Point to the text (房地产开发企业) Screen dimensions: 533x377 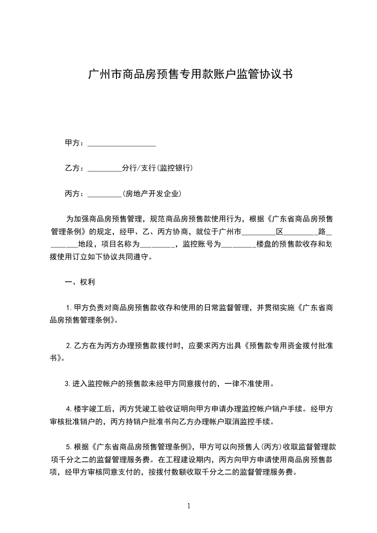152,194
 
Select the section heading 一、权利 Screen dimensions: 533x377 80,282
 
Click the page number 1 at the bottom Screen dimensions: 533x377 190,506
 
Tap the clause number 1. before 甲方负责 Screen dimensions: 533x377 69,308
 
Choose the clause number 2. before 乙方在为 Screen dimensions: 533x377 69,346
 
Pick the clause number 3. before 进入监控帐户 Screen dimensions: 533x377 68,384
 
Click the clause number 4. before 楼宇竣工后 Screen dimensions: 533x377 69,409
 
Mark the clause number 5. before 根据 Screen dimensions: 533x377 69,447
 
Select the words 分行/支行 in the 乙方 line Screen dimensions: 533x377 135,168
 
